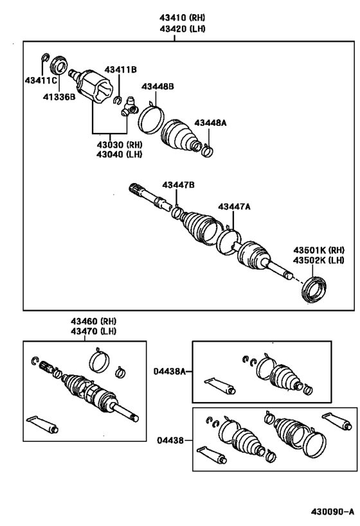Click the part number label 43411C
pos(40,80)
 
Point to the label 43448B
pos(159,87)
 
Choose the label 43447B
pos(178,185)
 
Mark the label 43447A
pos(234,206)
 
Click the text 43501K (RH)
pos(319,250)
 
